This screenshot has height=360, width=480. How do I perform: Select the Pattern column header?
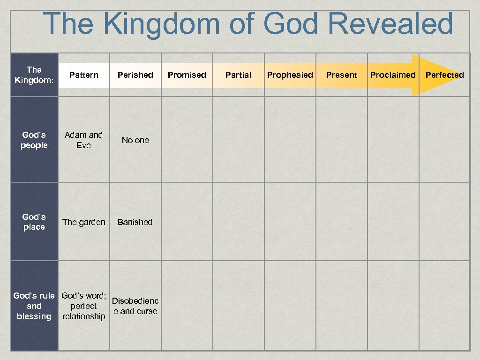point(84,75)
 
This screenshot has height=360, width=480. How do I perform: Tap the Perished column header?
point(135,75)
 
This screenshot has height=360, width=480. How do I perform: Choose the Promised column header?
point(187,75)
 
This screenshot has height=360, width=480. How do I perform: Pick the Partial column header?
point(239,75)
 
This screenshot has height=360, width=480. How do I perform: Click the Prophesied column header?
point(290,75)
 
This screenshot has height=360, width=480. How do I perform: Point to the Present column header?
point(342,75)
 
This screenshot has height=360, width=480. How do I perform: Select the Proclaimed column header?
point(393,75)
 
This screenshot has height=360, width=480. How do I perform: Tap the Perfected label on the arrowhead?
point(444,75)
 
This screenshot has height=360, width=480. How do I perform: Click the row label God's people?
point(34,140)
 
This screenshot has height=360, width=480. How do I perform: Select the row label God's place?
point(34,222)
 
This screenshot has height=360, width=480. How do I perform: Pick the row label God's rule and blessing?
point(34,306)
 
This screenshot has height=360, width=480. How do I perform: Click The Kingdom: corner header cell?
point(34,75)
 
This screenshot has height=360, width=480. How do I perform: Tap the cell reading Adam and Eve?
point(84,140)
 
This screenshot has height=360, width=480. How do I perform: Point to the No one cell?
point(135,140)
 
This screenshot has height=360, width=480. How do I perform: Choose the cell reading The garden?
point(84,222)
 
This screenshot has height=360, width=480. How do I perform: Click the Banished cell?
point(135,222)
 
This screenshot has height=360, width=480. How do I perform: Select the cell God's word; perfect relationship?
point(84,306)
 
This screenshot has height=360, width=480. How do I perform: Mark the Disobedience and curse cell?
point(135,306)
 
